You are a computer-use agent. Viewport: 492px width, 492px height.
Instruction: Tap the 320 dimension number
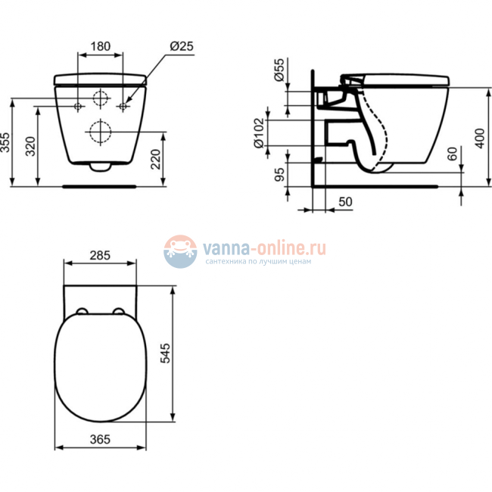[31, 145]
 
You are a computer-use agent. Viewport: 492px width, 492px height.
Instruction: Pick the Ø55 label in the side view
[279, 72]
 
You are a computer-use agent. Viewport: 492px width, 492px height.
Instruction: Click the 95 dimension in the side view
[279, 175]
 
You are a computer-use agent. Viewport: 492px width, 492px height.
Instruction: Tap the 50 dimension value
[345, 201]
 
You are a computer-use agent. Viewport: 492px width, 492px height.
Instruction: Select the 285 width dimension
[100, 256]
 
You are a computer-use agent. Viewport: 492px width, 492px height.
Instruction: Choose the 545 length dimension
[168, 353]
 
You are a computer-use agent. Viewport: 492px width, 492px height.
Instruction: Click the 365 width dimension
[100, 439]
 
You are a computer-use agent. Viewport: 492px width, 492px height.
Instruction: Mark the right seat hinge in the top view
[119, 311]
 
